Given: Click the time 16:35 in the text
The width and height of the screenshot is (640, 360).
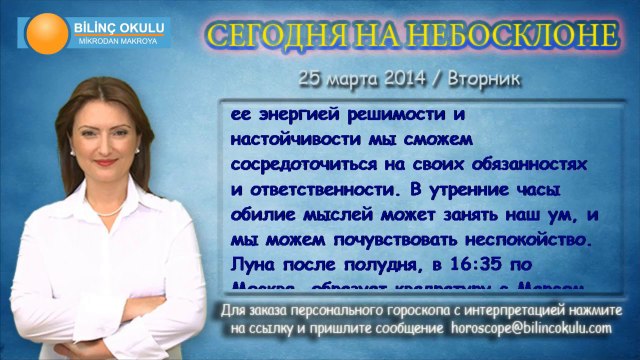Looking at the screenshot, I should coord(490,263).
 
